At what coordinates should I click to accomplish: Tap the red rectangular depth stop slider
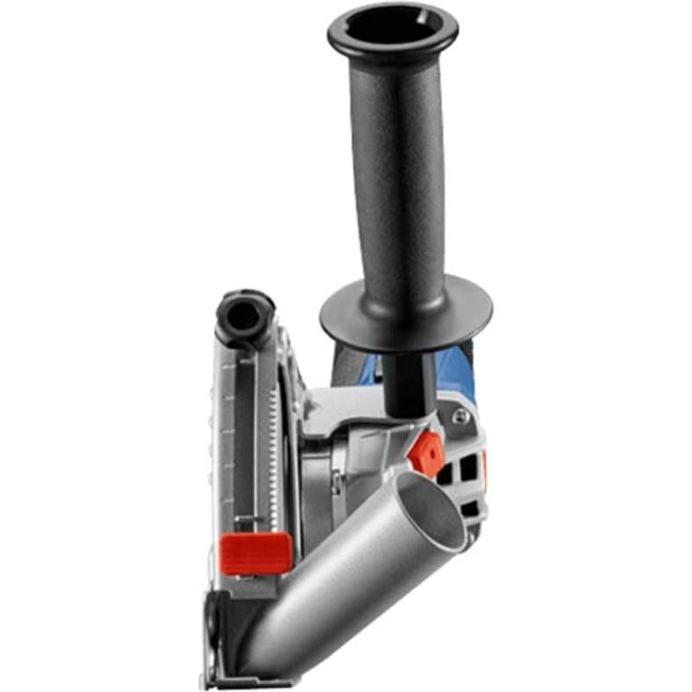click(x=256, y=553)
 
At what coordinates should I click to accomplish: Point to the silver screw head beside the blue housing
click(x=460, y=415)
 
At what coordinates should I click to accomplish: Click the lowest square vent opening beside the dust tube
click(x=470, y=510)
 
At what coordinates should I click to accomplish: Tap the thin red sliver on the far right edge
click(x=483, y=467)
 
